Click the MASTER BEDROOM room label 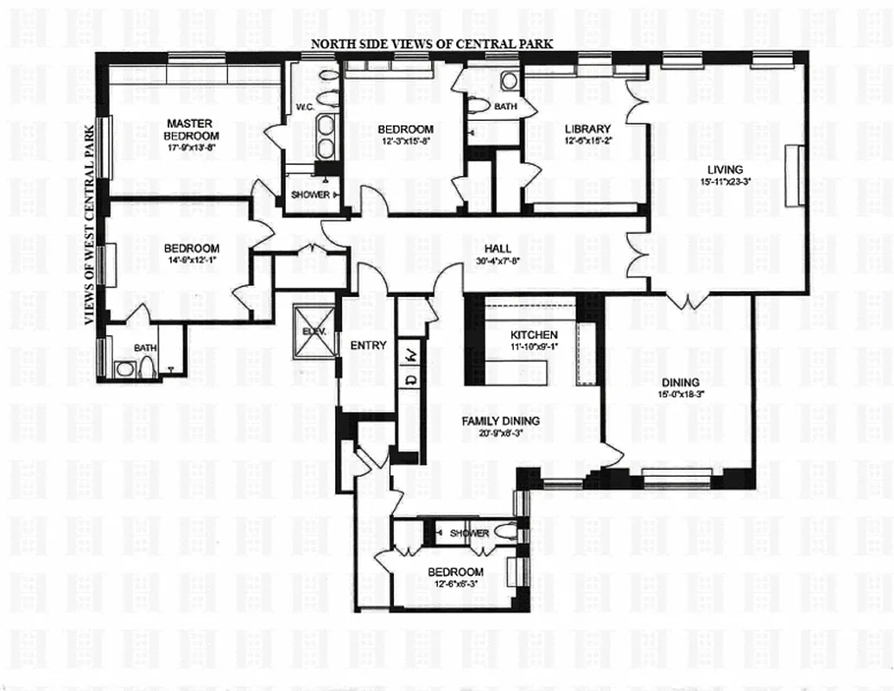click(x=192, y=130)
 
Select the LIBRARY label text click(x=587, y=130)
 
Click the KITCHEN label click(x=534, y=335)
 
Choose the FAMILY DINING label click(x=500, y=421)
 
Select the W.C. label click(x=304, y=108)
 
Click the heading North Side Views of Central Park click(x=432, y=44)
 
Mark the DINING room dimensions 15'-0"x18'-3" click(x=681, y=396)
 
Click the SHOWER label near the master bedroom click(x=309, y=195)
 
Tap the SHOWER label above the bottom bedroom click(x=468, y=533)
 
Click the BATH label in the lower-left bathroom click(x=144, y=348)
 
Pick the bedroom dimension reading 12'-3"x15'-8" click(x=405, y=143)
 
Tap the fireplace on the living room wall click(x=795, y=175)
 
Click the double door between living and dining click(x=688, y=301)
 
